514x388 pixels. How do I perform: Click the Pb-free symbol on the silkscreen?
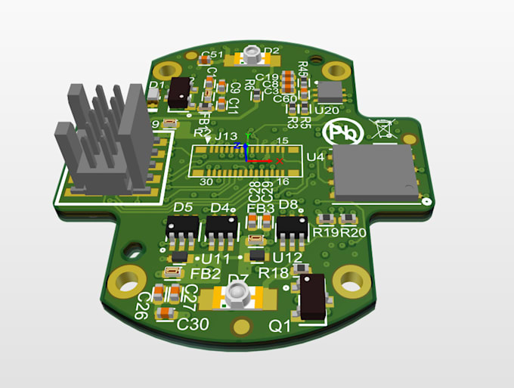339,131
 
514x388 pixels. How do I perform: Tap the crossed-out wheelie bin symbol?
382,129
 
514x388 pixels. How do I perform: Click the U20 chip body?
330,92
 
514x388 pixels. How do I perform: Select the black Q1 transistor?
312,295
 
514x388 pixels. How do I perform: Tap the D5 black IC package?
183,226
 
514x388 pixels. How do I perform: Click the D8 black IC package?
292,225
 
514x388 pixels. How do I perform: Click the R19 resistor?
327,219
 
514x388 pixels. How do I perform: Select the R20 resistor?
348,219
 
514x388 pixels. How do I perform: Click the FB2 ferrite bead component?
172,273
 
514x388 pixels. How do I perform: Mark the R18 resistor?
299,268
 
